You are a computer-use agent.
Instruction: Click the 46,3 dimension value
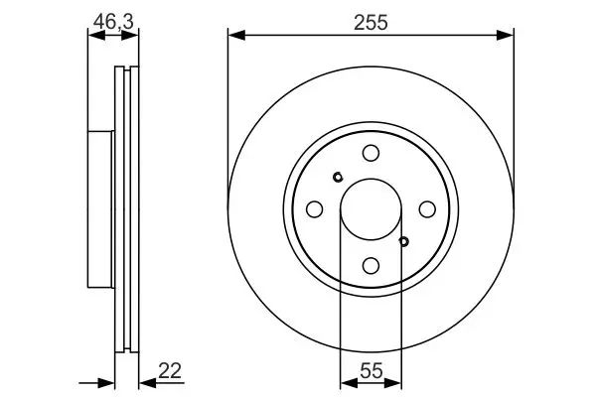(x=113, y=21)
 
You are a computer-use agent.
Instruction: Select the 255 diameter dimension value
(x=371, y=23)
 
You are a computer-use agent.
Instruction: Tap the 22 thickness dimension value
(x=170, y=371)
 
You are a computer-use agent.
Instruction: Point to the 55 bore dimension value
(x=371, y=371)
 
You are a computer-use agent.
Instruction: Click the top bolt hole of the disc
(x=371, y=153)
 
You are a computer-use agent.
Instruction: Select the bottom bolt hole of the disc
(x=371, y=266)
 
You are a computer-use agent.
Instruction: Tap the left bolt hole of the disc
(x=314, y=209)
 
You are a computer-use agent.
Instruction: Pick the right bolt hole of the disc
(x=427, y=209)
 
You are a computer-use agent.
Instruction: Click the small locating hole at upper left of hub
(x=338, y=177)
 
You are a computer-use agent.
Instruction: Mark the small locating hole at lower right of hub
(x=404, y=241)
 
